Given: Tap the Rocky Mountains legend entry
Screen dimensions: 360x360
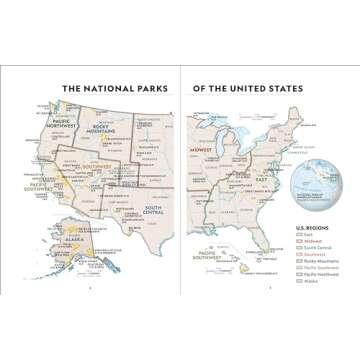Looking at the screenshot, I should (x=317, y=262).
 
